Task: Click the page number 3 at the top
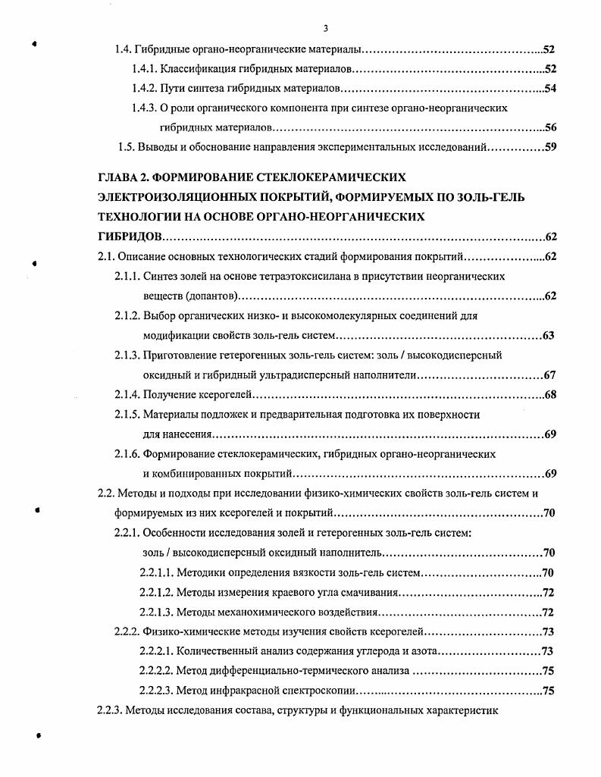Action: tap(325, 29)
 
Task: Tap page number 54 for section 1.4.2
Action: tap(550, 89)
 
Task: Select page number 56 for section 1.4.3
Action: tap(550, 127)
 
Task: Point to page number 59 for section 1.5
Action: tap(550, 147)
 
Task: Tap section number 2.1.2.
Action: tap(127, 315)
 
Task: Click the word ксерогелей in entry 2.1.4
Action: tap(227, 395)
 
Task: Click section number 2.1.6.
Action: tap(127, 454)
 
